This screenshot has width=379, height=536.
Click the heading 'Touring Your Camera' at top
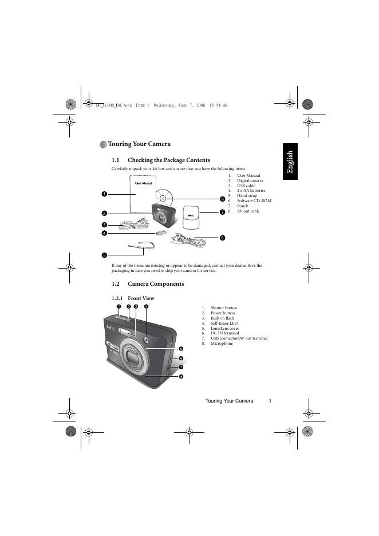click(x=139, y=144)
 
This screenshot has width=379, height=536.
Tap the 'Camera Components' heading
click(x=156, y=284)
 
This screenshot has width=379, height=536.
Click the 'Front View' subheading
click(x=141, y=298)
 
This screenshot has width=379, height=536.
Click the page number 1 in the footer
click(x=269, y=401)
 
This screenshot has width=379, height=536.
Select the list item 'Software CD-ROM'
click(x=254, y=201)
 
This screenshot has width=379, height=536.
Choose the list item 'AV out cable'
click(x=248, y=211)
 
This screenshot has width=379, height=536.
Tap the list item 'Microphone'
click(x=222, y=344)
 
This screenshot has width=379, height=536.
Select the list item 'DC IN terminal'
click(x=225, y=333)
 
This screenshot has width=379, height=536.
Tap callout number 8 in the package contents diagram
click(x=222, y=238)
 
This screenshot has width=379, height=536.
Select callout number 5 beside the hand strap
click(x=105, y=255)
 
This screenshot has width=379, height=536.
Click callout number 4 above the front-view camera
click(x=147, y=307)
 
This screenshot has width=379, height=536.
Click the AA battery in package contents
click(x=160, y=233)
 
